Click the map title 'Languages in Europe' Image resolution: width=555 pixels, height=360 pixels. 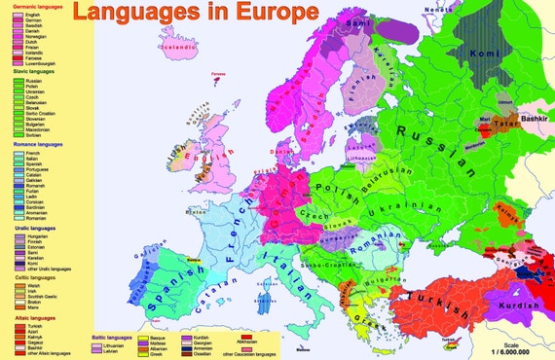[196, 13]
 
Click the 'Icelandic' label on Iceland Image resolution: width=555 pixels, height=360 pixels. [178, 45]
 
